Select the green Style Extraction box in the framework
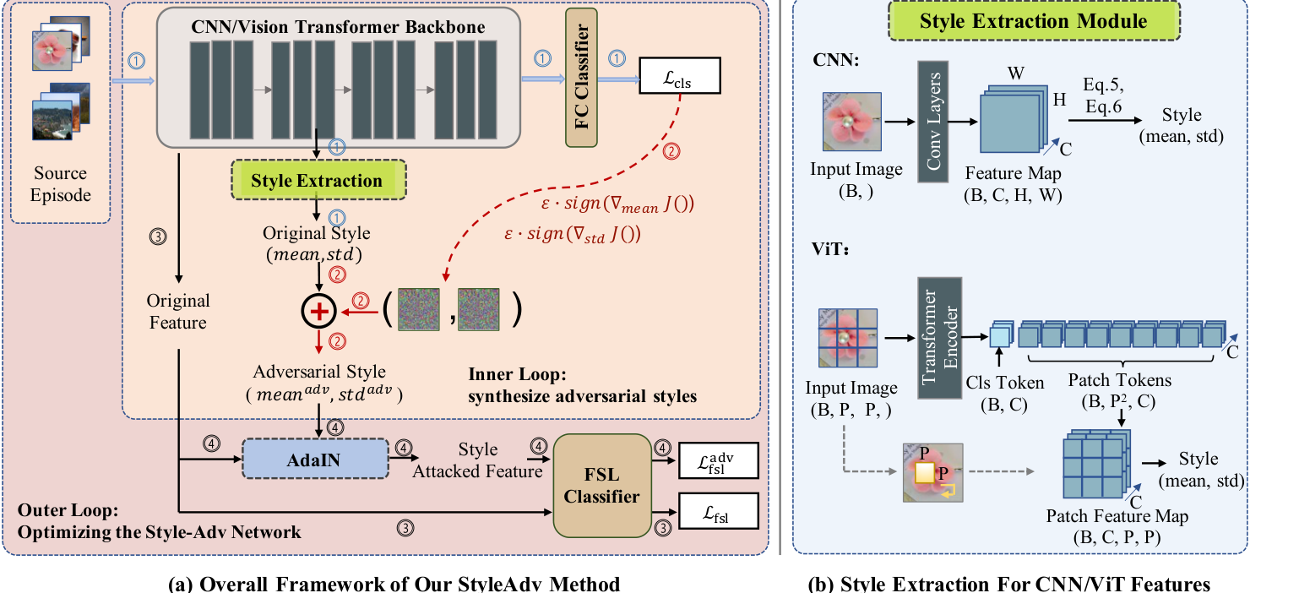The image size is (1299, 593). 317,181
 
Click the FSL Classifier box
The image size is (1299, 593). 601,486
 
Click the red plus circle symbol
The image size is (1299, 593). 319,313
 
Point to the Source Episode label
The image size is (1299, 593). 60,184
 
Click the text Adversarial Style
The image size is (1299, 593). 319,373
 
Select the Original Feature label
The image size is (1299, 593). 178,312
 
